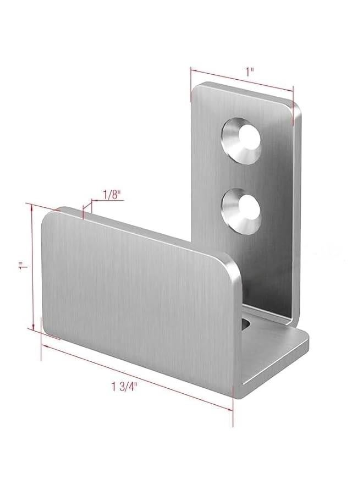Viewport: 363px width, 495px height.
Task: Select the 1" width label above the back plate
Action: click(250, 70)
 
